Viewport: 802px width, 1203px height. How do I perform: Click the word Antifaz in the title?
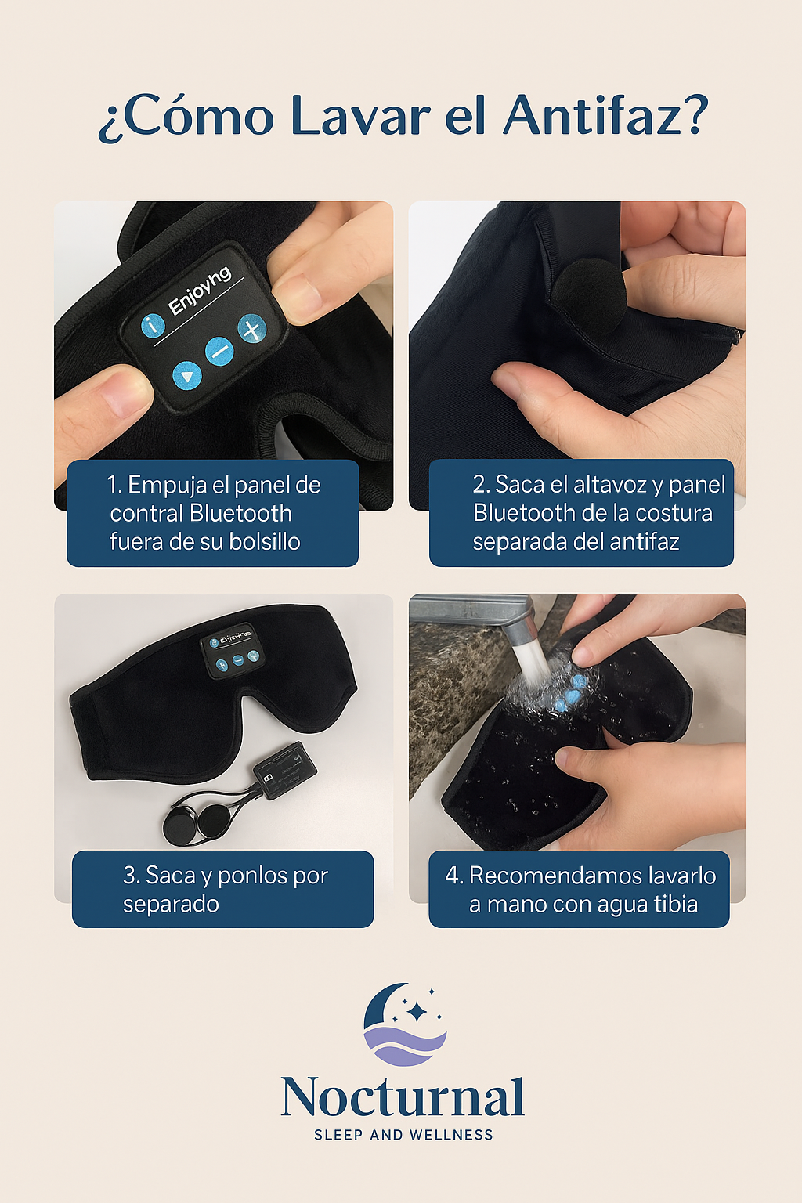pyautogui.click(x=593, y=115)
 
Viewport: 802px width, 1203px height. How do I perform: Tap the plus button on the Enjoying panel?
pyautogui.click(x=252, y=329)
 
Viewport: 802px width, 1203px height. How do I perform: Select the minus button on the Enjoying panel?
pyautogui.click(x=219, y=352)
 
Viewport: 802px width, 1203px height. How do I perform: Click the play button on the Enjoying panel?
pyautogui.click(x=186, y=376)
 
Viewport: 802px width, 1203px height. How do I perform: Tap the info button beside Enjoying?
pyautogui.click(x=153, y=325)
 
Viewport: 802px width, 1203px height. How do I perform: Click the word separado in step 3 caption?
pyautogui.click(x=171, y=905)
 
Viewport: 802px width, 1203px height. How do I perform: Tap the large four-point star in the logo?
pyautogui.click(x=416, y=1012)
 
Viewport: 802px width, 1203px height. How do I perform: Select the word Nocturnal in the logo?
pyautogui.click(x=403, y=1097)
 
